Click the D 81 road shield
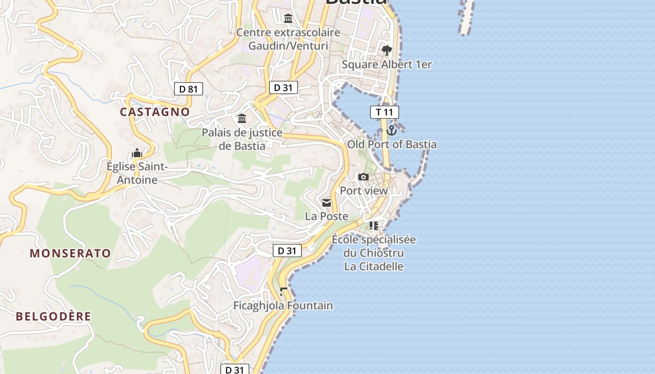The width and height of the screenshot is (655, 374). click(189, 89)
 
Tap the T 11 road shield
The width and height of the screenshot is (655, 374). click(385, 112)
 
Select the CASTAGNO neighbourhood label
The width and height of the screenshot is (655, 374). click(155, 112)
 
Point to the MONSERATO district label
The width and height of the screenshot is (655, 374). click(71, 253)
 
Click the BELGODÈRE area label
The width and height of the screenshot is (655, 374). click(53, 316)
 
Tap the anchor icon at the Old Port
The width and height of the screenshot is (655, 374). click(392, 130)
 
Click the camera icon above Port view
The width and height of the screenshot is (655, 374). click(364, 177)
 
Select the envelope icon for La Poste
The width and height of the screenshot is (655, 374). click(327, 202)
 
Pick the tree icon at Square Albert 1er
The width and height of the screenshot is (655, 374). click(386, 50)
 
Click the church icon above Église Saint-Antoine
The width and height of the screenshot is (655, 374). click(137, 153)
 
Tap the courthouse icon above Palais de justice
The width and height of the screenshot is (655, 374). click(242, 119)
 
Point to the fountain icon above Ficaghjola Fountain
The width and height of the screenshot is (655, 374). click(283, 292)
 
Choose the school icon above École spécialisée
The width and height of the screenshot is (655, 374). click(374, 226)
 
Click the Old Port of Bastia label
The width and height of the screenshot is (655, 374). click(392, 144)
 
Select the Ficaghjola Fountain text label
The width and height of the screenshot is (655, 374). click(283, 306)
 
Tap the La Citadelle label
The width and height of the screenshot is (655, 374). click(374, 266)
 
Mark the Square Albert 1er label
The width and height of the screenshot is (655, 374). click(386, 65)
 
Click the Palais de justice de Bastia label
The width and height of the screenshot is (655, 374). click(242, 139)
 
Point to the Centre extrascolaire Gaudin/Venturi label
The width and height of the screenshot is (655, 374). click(288, 39)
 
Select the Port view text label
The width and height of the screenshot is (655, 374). click(364, 191)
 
